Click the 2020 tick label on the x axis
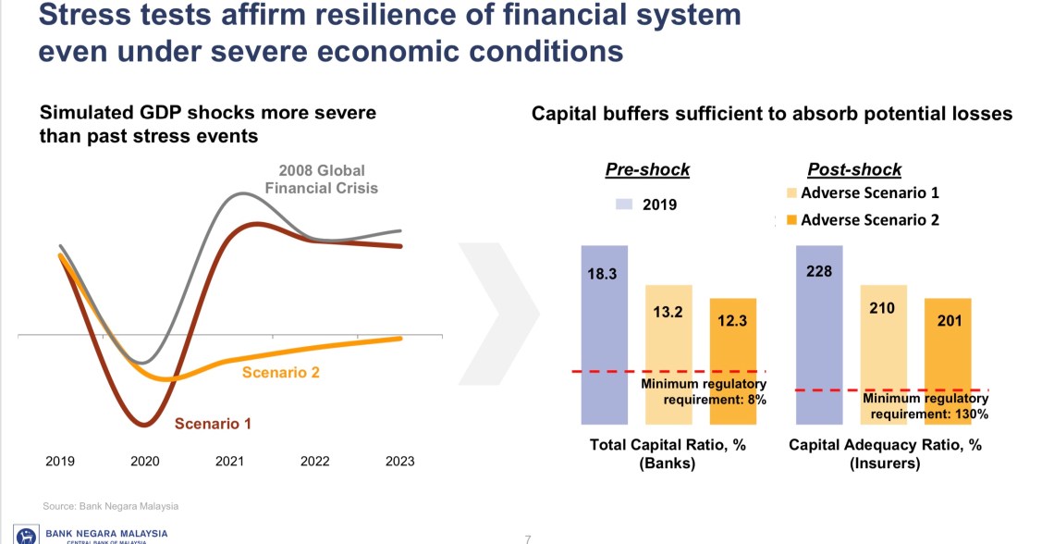tap(145, 461)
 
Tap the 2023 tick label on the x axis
tap(399, 461)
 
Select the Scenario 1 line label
tap(213, 424)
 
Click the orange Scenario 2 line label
tap(280, 373)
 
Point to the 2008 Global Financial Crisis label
tap(322, 179)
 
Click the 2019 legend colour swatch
tap(624, 204)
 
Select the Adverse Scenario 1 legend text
tap(869, 193)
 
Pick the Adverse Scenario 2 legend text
tap(869, 220)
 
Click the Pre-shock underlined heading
tap(647, 170)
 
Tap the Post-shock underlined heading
tap(854, 170)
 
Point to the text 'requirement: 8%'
tap(715, 400)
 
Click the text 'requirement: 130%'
tap(929, 414)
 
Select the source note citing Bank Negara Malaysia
tap(110, 506)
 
